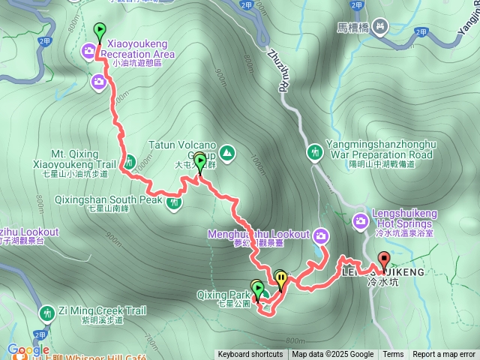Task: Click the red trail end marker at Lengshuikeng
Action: click(x=385, y=260)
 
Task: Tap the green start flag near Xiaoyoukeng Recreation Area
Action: click(x=100, y=31)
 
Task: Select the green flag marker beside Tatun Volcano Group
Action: click(x=199, y=161)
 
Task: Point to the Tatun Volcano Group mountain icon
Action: click(x=227, y=154)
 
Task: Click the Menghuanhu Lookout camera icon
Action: click(x=321, y=235)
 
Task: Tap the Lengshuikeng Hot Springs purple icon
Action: click(x=361, y=220)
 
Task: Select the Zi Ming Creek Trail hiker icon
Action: click(x=47, y=312)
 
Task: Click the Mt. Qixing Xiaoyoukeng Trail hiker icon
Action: click(x=129, y=161)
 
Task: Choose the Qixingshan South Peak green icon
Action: click(x=174, y=201)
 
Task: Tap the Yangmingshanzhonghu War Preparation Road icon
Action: click(x=315, y=153)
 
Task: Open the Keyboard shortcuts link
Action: click(x=250, y=355)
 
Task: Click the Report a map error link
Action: click(x=445, y=355)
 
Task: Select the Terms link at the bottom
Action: click(x=393, y=355)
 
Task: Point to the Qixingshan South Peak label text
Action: click(x=109, y=200)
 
